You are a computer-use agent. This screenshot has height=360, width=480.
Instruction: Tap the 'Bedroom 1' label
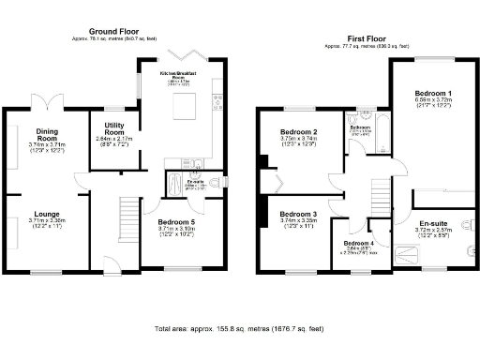point(433,94)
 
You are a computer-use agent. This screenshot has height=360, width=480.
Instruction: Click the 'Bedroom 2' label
point(299,132)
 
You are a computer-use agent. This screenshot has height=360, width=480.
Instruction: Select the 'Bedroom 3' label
point(299,214)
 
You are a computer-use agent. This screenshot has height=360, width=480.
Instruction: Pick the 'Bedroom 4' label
point(358,244)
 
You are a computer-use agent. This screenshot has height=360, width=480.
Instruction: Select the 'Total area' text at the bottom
point(239,329)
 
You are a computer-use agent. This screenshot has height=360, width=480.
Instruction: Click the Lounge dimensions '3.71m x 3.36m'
point(47,221)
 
